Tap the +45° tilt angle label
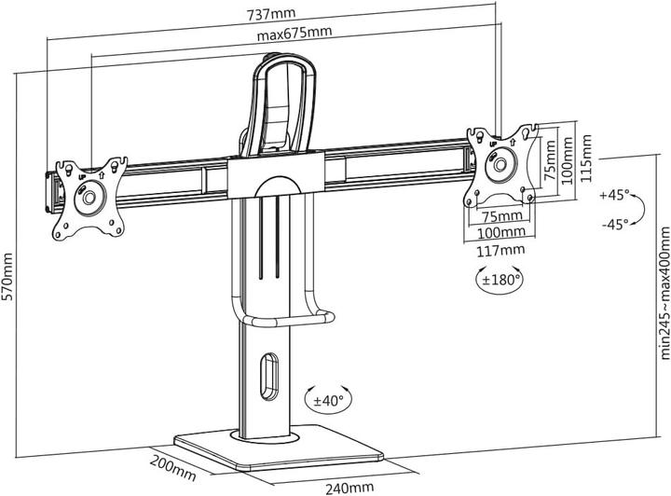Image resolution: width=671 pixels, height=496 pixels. [x=614, y=196]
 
